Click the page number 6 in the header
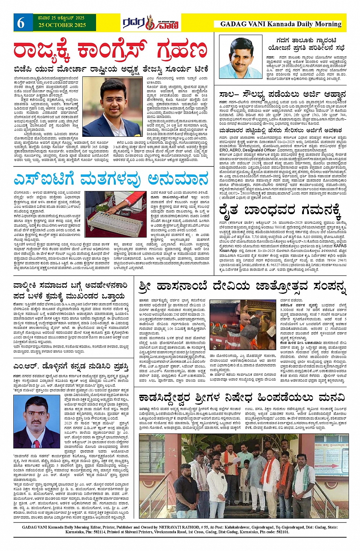(x=21, y=23)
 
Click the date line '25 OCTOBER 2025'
(x=62, y=26)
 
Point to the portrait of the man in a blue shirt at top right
(x=240, y=57)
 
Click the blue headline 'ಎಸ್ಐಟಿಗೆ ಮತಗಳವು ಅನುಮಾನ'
(x=111, y=179)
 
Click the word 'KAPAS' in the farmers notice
(x=340, y=246)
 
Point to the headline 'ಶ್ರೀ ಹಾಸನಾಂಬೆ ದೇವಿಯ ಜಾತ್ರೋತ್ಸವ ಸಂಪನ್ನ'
(x=243, y=287)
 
